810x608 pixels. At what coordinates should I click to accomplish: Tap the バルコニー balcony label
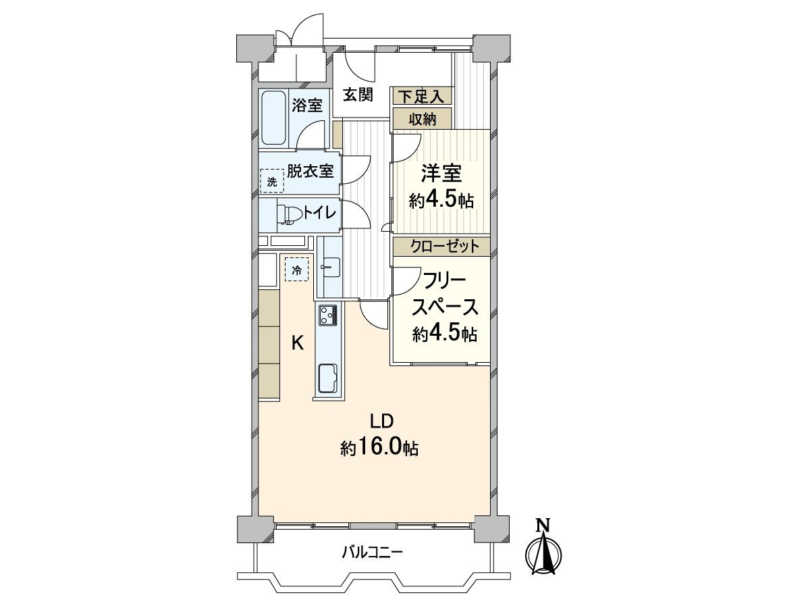point(371,553)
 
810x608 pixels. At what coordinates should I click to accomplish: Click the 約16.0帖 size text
point(379,447)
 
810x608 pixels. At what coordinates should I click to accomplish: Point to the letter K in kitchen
point(297,343)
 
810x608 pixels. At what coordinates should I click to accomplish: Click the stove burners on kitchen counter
point(328,315)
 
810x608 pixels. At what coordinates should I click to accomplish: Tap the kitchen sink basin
point(328,376)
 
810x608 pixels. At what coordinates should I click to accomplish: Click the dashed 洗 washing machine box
point(271,181)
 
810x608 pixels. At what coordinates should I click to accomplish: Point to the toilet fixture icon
point(289,213)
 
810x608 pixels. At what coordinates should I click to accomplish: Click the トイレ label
point(320,213)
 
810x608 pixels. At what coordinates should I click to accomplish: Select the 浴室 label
point(308,105)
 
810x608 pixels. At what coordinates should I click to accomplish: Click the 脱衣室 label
point(310,171)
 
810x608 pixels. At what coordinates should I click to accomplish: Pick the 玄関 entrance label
point(357,95)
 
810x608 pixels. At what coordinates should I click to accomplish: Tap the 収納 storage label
point(423,120)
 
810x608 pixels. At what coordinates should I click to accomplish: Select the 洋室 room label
point(441,174)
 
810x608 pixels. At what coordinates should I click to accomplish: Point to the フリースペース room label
point(446,293)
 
